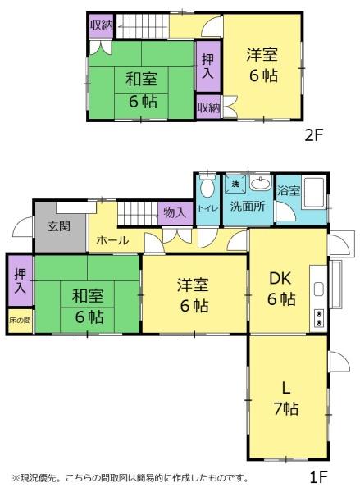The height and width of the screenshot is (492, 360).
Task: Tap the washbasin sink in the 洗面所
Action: (x=261, y=183)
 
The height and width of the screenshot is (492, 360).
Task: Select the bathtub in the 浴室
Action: (x=314, y=193)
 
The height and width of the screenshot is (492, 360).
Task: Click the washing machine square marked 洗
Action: (x=235, y=184)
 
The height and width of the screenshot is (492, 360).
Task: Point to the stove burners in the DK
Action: (x=319, y=317)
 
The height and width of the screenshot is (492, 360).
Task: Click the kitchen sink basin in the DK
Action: (x=319, y=289)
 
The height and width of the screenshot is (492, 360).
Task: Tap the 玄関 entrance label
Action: (x=59, y=226)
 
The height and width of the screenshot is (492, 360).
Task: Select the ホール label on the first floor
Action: (x=112, y=240)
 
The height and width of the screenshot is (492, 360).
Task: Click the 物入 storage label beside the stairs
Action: (x=175, y=213)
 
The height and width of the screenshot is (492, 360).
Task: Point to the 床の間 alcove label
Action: (x=20, y=321)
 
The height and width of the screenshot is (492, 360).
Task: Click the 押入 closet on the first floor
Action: (x=21, y=280)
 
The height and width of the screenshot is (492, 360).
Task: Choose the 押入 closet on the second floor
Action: (x=207, y=66)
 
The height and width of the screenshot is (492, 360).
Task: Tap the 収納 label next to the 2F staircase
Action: (x=102, y=25)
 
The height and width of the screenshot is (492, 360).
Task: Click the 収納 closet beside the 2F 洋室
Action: (x=209, y=107)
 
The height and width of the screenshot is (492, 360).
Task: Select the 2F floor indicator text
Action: (x=314, y=135)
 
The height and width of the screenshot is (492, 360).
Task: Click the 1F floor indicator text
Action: (x=318, y=477)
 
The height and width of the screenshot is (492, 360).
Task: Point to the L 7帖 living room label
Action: (x=285, y=399)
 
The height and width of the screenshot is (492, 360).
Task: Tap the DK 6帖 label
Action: (x=281, y=289)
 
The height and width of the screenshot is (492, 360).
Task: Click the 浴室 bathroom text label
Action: (x=289, y=190)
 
